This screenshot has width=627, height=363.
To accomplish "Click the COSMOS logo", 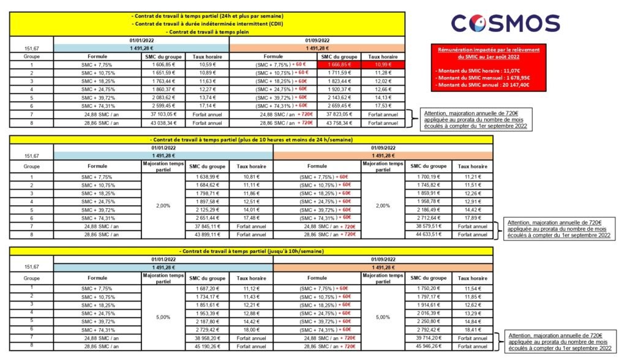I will click(505, 23).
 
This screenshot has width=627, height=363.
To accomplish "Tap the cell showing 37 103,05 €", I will click(162, 114).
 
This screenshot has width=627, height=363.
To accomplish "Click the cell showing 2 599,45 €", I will click(162, 106).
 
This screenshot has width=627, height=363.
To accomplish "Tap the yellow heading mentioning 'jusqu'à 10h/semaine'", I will click(250, 252).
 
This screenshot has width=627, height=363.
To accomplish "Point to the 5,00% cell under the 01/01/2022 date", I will click(163, 317).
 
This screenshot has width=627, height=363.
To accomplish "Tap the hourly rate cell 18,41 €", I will click(473, 330).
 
